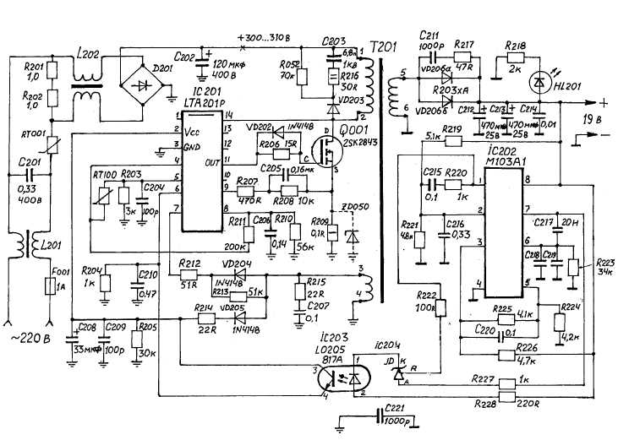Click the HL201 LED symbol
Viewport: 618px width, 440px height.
[536, 82]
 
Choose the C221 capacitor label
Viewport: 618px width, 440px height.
[395, 409]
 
